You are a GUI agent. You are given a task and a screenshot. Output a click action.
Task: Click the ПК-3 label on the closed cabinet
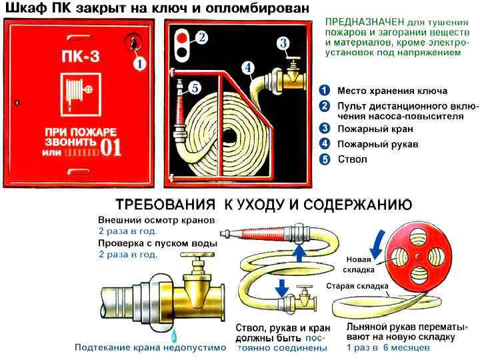[x=81, y=56]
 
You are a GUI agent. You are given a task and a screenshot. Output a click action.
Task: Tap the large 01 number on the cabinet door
[x=111, y=147]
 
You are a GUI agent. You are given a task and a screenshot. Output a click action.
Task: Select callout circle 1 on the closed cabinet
[x=139, y=64]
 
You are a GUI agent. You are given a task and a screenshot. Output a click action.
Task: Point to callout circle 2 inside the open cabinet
[x=202, y=37]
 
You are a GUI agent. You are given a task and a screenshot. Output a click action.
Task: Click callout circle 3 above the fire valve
[x=283, y=43]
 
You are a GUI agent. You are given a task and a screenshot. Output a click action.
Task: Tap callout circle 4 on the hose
[x=248, y=68]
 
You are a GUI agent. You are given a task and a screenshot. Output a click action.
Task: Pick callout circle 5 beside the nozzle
[x=195, y=88]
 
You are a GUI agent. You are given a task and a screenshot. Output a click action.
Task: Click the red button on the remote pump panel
[x=183, y=37]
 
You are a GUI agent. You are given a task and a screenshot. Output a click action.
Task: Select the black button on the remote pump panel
[x=183, y=52]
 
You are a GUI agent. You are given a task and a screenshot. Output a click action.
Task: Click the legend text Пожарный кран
[x=375, y=129]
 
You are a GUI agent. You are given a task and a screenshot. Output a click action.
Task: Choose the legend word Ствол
[x=352, y=159]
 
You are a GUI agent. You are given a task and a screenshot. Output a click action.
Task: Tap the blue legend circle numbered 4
[x=325, y=143]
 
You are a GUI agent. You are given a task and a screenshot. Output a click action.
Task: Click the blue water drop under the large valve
[x=175, y=336]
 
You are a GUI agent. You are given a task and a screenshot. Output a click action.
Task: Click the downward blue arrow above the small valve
[x=282, y=287]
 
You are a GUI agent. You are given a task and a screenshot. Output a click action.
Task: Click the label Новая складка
[x=359, y=265]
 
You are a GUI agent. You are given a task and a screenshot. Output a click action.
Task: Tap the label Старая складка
[x=357, y=286]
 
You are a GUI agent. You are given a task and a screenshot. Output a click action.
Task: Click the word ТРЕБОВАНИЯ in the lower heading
[x=165, y=205]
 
